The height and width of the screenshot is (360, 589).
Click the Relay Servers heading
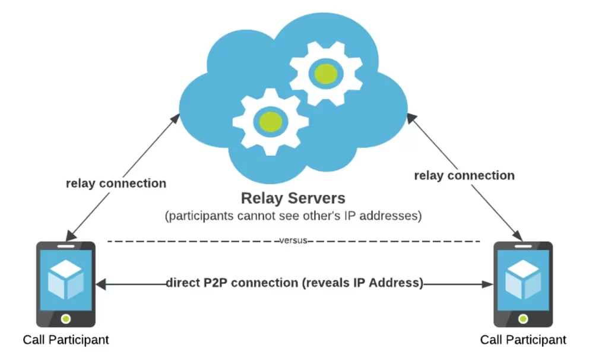click(x=292, y=197)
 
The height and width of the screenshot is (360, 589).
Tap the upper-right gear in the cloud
click(x=325, y=74)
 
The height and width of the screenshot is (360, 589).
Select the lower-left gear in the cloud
click(x=270, y=121)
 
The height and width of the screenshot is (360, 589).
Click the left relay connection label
click(x=116, y=182)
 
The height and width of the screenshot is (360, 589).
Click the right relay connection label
click(x=464, y=175)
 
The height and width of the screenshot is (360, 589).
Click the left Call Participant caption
click(x=65, y=340)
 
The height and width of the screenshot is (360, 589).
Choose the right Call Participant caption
click(x=522, y=340)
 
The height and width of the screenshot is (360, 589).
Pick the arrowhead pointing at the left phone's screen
click(x=101, y=285)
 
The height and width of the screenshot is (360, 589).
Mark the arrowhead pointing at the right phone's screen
click(x=489, y=285)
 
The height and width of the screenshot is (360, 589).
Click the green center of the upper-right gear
click(x=325, y=74)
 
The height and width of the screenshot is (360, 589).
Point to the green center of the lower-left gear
click(x=270, y=121)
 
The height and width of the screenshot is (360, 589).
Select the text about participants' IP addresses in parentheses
click(x=293, y=216)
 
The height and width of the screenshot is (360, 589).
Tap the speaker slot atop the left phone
click(x=66, y=245)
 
